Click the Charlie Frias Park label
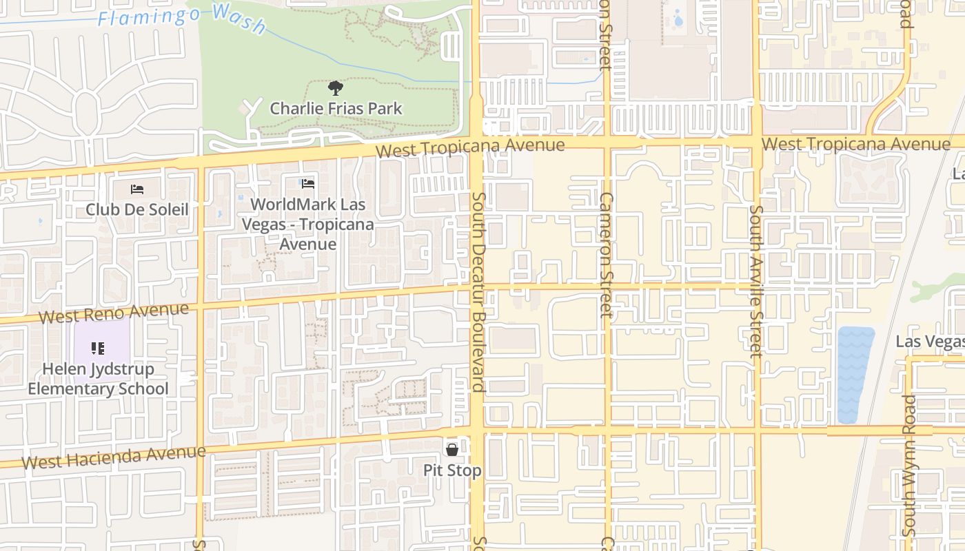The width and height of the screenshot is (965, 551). click(336, 108)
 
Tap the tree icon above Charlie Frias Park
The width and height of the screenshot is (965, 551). click(336, 87)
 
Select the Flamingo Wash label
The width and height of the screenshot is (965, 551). click(182, 17)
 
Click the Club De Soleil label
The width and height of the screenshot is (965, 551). click(137, 209)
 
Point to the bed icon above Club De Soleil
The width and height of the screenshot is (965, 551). click(137, 189)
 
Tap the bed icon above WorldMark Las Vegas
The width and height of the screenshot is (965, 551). click(308, 184)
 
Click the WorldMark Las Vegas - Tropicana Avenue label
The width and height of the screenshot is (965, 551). click(308, 224)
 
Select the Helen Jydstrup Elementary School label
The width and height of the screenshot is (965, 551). click(98, 378)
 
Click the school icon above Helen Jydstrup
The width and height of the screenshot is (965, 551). click(98, 349)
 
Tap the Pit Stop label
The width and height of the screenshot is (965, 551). click(452, 470)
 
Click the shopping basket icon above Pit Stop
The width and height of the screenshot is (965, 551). click(452, 450)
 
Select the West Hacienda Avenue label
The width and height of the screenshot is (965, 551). click(114, 457)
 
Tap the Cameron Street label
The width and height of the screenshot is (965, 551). click(606, 254)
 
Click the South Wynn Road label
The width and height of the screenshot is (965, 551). click(910, 465)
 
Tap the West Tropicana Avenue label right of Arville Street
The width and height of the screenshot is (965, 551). click(856, 145)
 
